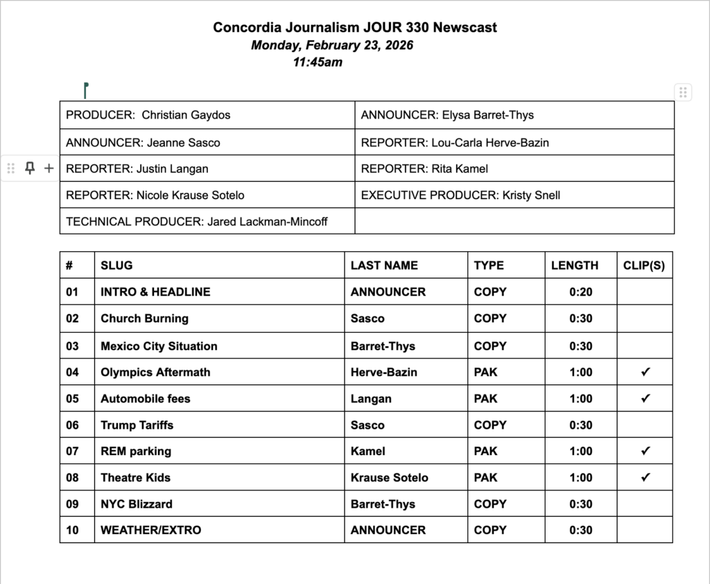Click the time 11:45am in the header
pyautogui.click(x=318, y=62)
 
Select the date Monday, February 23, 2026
pyautogui.click(x=332, y=45)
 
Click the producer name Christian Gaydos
pyautogui.click(x=186, y=115)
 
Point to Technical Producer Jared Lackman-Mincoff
pyautogui.click(x=196, y=222)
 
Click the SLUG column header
pyautogui.click(x=116, y=265)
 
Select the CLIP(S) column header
pyautogui.click(x=644, y=265)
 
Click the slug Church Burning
pyautogui.click(x=144, y=318)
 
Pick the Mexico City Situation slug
pyautogui.click(x=159, y=346)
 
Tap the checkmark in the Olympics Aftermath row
pyautogui.click(x=645, y=372)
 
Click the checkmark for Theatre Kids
pyautogui.click(x=645, y=477)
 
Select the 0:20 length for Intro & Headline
pyautogui.click(x=580, y=292)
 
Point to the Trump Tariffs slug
pyautogui.click(x=137, y=425)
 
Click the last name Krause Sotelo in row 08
pyautogui.click(x=389, y=477)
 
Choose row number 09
pyautogui.click(x=73, y=504)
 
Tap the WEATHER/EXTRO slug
pyautogui.click(x=150, y=530)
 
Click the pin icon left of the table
pyautogui.click(x=30, y=168)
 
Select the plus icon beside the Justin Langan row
pyautogui.click(x=49, y=168)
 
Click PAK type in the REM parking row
pyautogui.click(x=485, y=452)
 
